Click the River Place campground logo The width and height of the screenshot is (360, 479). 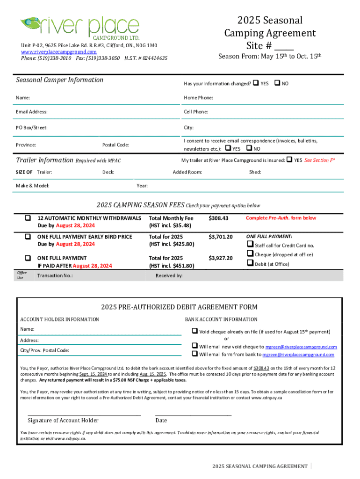[80, 28]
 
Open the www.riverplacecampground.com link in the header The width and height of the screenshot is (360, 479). [58, 52]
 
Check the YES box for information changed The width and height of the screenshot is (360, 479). [255, 83]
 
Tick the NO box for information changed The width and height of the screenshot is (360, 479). [277, 83]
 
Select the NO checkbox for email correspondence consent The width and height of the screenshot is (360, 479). [249, 148]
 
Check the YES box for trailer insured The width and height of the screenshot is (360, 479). [289, 160]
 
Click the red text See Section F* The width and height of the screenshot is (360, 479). [319, 160]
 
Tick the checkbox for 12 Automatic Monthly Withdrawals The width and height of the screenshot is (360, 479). [28, 218]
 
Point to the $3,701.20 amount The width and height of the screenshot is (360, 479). [220, 237]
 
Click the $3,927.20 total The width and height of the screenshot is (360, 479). [220, 258]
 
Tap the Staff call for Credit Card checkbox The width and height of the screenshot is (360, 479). [249, 245]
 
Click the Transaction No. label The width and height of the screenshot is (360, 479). [55, 276]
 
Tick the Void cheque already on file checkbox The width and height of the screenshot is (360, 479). [194, 331]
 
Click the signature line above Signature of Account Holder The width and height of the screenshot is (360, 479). [84, 415]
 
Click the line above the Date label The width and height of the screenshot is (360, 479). [193, 415]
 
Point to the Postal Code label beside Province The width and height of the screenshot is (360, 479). [115, 145]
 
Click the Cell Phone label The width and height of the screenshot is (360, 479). [196, 112]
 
